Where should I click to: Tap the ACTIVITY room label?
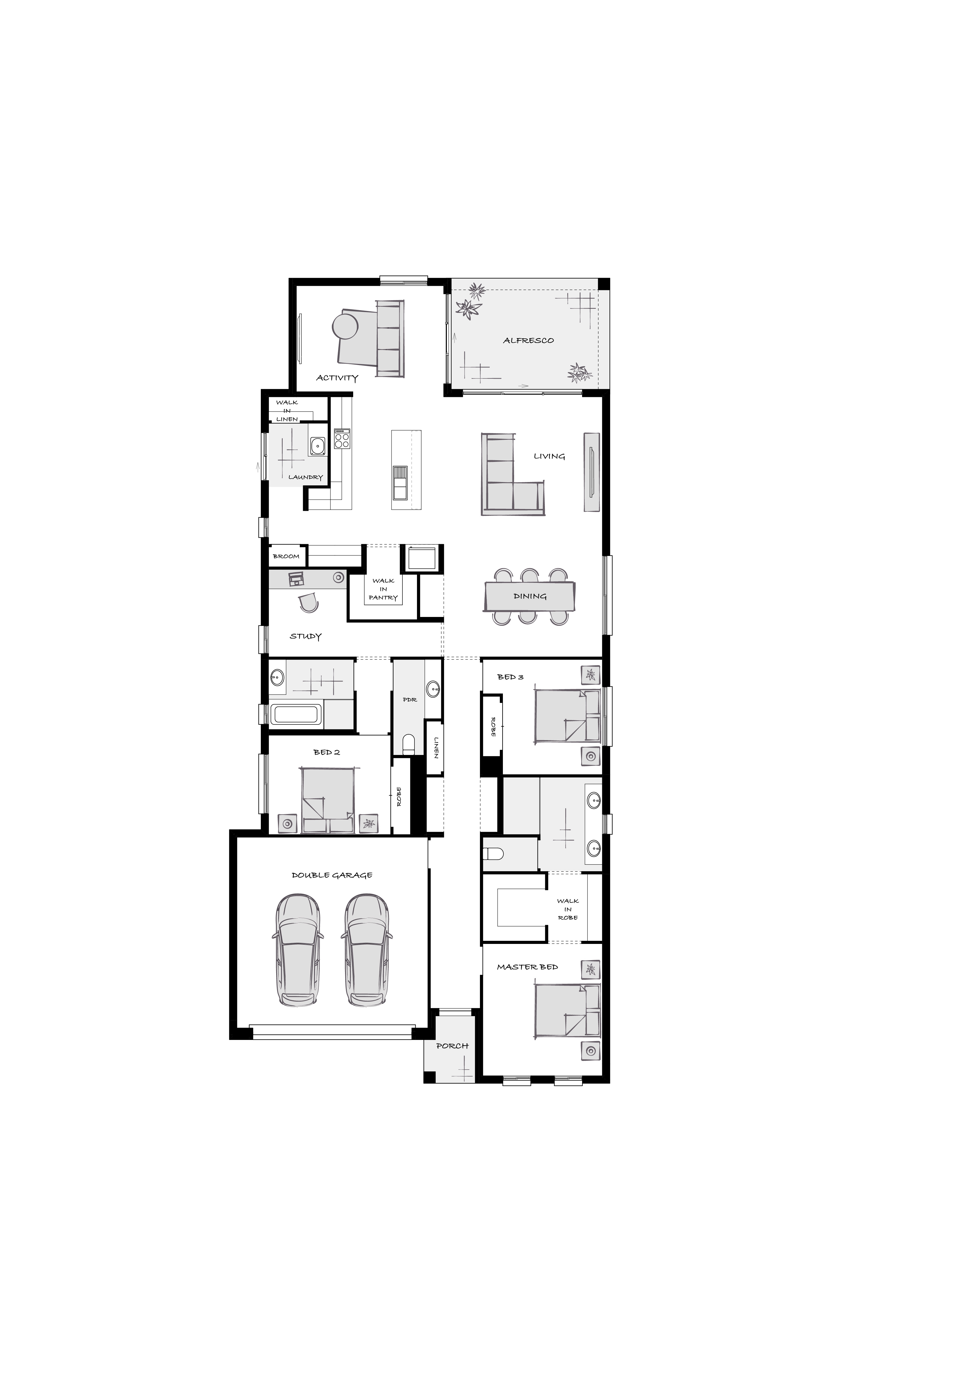coord(337,378)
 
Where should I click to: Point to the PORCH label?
coord(452,1046)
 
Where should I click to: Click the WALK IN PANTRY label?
coord(383,589)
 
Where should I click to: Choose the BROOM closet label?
coord(286,556)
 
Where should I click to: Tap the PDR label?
coord(410,700)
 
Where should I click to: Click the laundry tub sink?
coord(317,446)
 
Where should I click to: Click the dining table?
coord(530,596)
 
